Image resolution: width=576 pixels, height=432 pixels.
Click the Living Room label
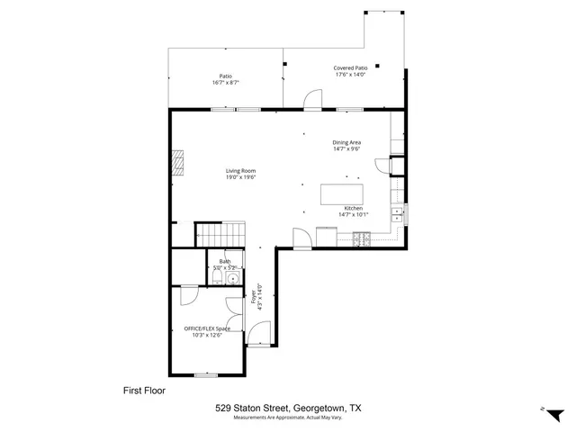240,170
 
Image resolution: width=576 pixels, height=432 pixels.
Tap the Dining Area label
346,142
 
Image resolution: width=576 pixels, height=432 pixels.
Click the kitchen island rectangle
343,194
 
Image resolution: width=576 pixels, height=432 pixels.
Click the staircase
221,233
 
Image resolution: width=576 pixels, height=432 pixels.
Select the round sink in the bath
233,279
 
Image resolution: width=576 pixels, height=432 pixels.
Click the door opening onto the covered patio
311,101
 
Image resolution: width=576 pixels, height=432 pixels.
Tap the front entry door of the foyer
258,339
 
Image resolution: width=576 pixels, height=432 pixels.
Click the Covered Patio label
350,67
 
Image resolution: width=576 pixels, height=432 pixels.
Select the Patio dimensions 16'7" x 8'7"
225,83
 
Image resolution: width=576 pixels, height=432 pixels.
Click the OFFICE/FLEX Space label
207,328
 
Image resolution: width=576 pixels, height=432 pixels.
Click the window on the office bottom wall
207,374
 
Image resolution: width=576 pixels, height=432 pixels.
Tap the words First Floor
144,391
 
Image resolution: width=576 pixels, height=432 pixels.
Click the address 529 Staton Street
257,408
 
